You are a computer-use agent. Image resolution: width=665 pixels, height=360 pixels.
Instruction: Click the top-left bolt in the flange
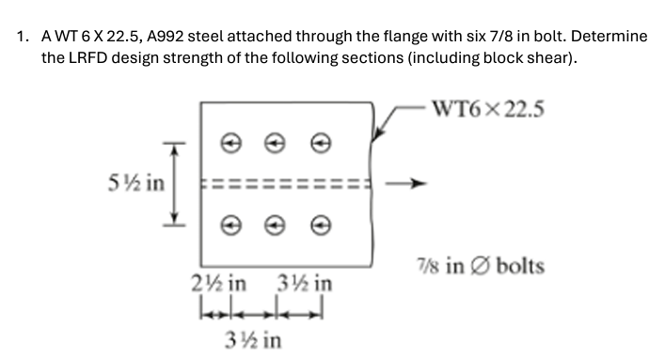[228, 143]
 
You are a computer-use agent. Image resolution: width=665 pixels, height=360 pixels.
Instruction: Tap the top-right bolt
[322, 143]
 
